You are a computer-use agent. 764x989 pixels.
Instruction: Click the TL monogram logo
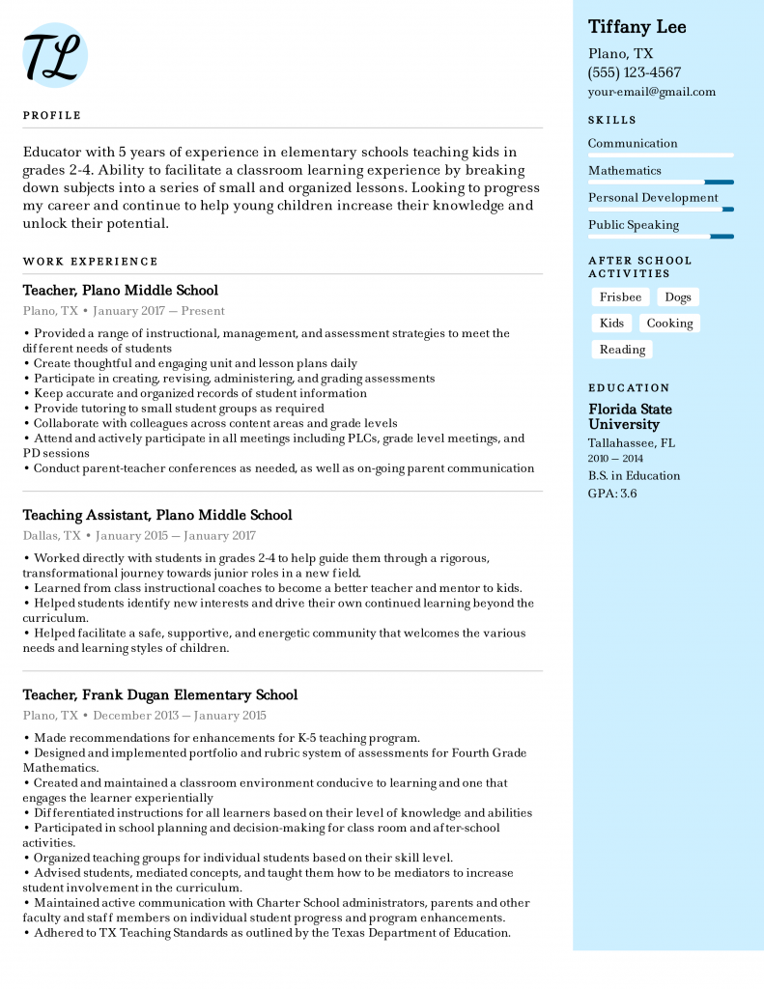[x=55, y=55]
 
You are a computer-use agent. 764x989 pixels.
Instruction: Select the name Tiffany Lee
[x=637, y=27]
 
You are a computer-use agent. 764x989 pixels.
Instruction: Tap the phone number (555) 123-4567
[x=634, y=72]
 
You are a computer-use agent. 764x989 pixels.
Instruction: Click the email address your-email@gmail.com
[x=652, y=92]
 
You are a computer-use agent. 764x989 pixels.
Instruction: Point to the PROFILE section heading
[x=52, y=115]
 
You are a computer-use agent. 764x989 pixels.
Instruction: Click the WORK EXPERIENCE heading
[x=90, y=261]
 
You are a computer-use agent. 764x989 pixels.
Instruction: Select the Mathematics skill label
[x=625, y=170]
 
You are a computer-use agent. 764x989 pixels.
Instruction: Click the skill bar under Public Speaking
[x=661, y=237]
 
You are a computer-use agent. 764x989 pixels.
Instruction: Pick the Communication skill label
[x=633, y=143]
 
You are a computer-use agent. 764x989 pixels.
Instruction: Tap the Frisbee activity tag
[x=620, y=297]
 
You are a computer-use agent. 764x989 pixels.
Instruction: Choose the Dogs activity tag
[x=678, y=297]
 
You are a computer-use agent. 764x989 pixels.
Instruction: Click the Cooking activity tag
[x=669, y=324]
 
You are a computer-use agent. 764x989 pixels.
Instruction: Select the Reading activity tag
[x=622, y=350]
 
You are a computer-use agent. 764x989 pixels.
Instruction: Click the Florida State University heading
[x=630, y=416]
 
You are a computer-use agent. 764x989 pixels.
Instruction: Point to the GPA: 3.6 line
[x=612, y=494]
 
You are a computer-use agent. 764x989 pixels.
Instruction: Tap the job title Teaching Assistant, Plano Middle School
[x=157, y=515]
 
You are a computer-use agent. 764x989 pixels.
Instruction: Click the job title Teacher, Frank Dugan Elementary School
[x=160, y=694]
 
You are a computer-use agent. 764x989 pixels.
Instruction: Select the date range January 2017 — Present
[x=159, y=311]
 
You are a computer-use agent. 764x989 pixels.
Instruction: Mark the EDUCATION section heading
[x=629, y=387]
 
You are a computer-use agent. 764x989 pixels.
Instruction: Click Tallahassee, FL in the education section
[x=632, y=442]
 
